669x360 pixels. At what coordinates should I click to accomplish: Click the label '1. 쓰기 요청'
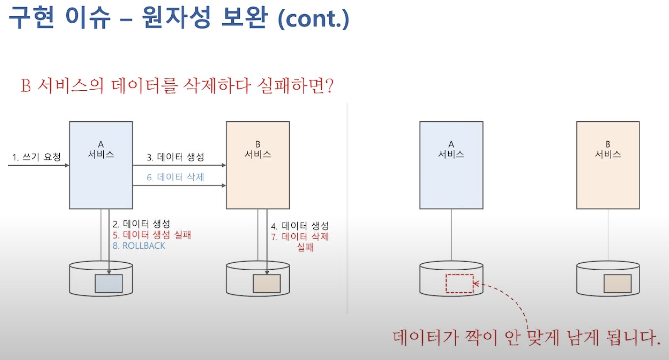(36, 157)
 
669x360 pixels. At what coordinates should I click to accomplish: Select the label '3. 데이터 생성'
(175, 157)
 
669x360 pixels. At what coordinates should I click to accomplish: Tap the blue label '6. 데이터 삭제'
(175, 177)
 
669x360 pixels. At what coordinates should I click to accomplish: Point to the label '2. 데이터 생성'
(141, 224)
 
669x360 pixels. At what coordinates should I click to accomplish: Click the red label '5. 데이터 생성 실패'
(147, 235)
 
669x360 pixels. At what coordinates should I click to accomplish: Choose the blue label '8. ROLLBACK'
(139, 246)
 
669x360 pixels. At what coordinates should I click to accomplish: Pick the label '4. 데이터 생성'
(300, 226)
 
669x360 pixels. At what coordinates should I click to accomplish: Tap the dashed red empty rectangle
(459, 284)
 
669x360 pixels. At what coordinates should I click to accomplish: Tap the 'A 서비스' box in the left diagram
(101, 165)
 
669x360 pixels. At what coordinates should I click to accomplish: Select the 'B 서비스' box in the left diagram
(258, 165)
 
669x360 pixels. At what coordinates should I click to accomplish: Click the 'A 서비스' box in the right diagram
(451, 165)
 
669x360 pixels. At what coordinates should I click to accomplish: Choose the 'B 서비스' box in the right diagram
(608, 165)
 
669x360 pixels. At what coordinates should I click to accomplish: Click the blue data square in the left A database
(109, 284)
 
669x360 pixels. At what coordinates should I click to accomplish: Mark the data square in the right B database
(617, 284)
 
